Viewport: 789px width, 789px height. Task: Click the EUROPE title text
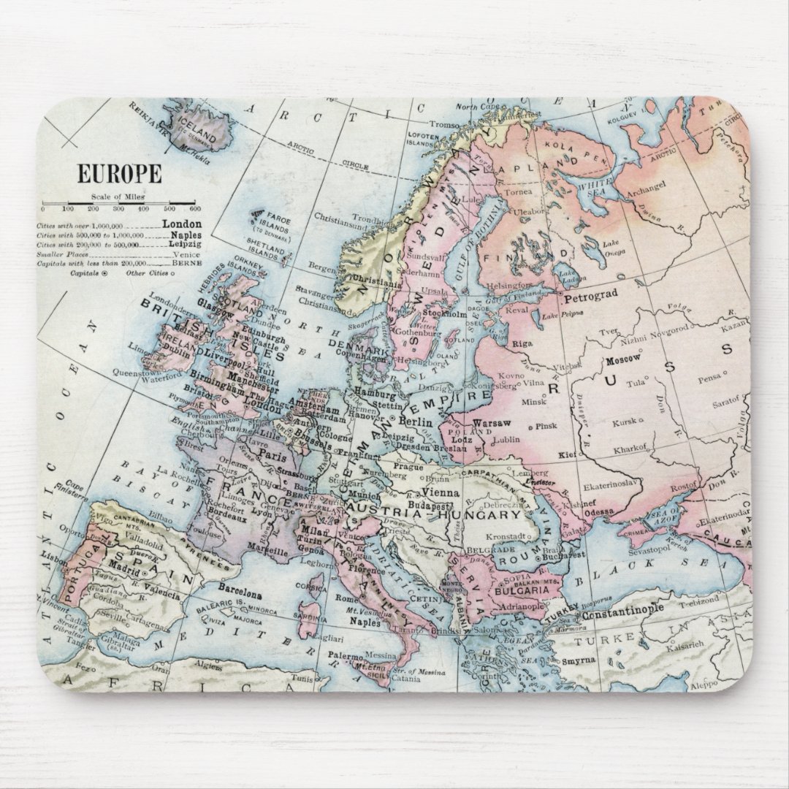(120, 175)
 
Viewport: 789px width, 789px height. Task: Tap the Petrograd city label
(590, 293)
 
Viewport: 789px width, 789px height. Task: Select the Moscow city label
(623, 359)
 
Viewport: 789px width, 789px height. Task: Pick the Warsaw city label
(492, 423)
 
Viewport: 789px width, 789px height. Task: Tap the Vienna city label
(441, 493)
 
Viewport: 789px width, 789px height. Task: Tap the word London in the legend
(182, 224)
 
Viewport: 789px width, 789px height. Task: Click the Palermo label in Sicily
(345, 655)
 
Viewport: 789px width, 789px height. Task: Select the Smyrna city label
(579, 660)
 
